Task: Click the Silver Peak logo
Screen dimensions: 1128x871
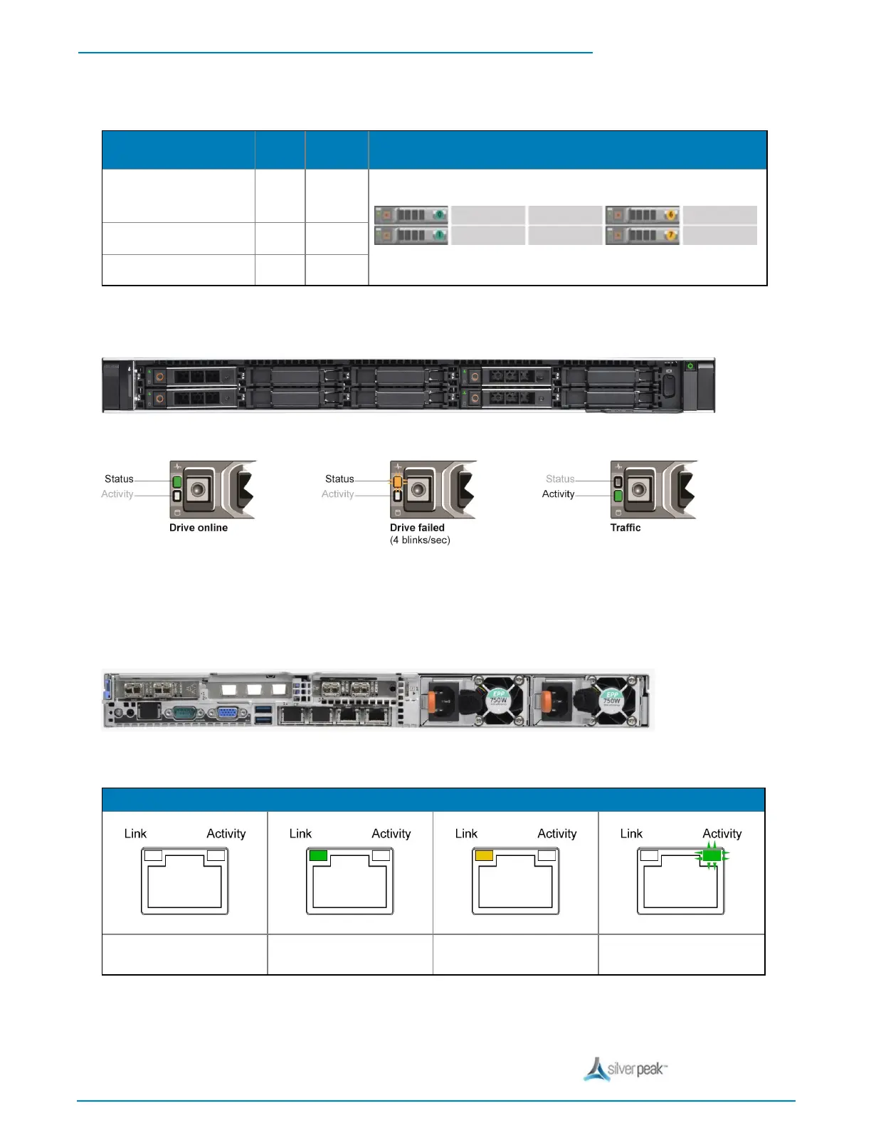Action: point(625,1069)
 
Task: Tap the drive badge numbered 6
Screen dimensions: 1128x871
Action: point(670,214)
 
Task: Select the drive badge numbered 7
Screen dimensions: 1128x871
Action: point(670,235)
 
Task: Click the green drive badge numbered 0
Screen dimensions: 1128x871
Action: point(439,214)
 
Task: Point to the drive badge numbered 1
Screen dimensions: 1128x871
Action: point(439,235)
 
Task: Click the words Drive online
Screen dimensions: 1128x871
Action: point(199,528)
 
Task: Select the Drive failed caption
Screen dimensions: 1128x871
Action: point(417,528)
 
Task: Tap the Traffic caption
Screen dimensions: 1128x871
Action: point(625,528)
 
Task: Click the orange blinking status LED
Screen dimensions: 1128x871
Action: point(397,482)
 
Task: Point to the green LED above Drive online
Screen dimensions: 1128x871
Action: point(177,482)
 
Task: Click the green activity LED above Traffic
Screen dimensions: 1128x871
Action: point(618,496)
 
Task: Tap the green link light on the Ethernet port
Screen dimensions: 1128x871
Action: point(318,855)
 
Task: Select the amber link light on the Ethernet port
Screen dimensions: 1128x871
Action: point(484,855)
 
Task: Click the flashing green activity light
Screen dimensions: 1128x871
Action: point(712,855)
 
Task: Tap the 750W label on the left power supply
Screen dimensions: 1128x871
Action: point(498,700)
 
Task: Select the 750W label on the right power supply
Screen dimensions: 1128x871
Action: point(612,700)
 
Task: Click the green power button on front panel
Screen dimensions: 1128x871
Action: point(690,366)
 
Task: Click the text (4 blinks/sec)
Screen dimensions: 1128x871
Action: point(420,540)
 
